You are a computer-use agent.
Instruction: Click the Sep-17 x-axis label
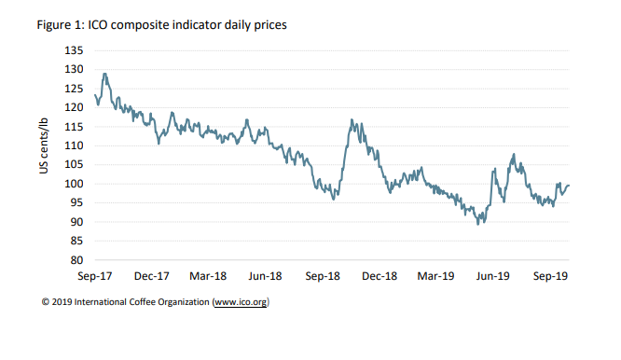94,276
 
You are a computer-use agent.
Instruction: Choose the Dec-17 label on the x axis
151,276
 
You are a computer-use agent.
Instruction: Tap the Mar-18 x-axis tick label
208,276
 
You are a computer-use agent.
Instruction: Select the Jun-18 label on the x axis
265,276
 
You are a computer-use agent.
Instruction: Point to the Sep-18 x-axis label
323,276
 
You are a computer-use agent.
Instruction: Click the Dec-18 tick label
379,276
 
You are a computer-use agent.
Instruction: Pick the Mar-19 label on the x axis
435,276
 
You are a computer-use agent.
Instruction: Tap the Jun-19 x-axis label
492,276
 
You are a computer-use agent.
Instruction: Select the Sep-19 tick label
550,276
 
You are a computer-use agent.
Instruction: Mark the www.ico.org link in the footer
241,303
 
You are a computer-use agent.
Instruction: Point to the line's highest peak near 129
104,74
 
